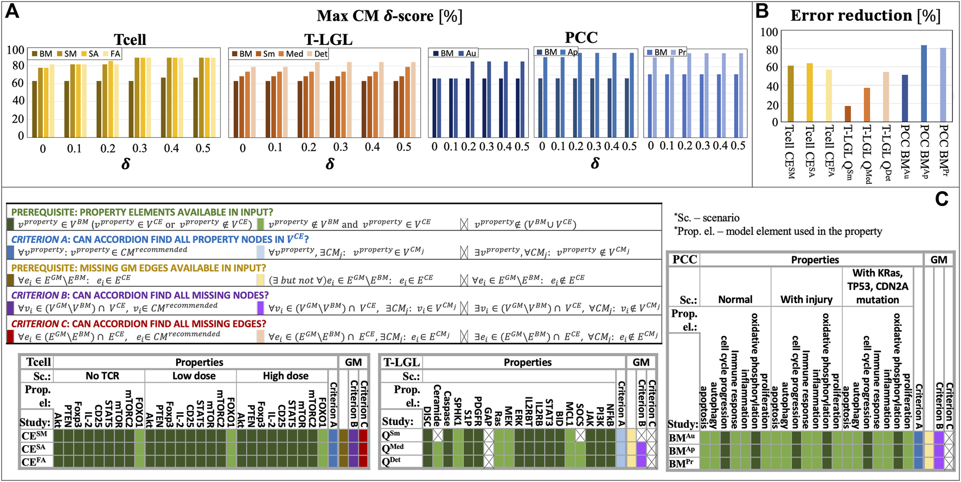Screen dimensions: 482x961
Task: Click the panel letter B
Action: click(762, 11)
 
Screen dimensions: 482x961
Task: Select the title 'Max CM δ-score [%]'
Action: click(389, 16)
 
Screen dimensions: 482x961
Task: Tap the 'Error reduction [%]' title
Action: click(865, 15)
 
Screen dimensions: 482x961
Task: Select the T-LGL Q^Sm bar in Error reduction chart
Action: click(848, 114)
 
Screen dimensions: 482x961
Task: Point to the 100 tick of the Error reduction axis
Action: click(769, 32)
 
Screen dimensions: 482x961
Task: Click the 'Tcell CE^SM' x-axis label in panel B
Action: click(790, 152)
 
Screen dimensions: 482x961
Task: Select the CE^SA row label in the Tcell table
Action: click(34, 449)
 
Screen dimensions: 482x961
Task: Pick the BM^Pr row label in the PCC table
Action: click(682, 464)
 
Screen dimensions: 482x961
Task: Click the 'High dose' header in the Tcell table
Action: click(285, 376)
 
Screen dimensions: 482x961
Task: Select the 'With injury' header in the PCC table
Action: click(806, 299)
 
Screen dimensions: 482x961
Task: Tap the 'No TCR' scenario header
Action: click(102, 376)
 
